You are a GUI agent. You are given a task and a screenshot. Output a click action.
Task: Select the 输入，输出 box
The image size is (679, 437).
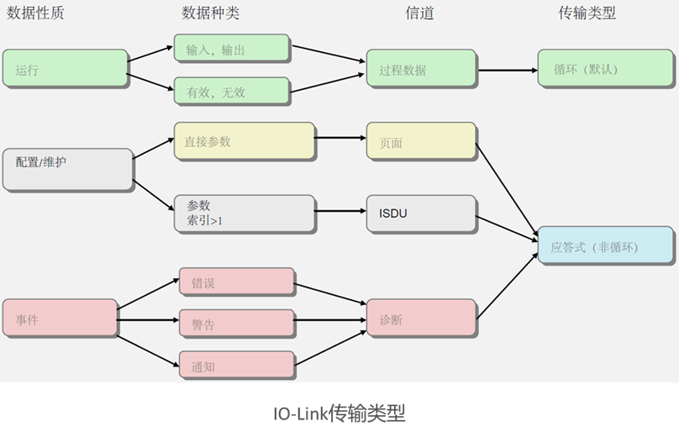[232, 50]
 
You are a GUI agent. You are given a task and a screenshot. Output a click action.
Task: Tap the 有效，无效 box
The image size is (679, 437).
[232, 92]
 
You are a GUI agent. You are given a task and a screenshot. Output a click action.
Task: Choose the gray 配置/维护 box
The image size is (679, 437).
[67, 169]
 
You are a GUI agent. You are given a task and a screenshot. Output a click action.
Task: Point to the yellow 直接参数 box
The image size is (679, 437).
[244, 142]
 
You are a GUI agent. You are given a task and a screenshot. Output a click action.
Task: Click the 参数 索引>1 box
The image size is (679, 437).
[244, 213]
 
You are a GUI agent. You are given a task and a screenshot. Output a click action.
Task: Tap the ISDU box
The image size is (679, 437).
[420, 213]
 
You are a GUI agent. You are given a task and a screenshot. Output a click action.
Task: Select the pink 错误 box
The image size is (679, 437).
[236, 283]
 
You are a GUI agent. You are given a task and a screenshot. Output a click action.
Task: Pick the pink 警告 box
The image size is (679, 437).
[236, 324]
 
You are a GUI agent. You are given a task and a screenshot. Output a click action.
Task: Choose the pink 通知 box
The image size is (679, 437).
[236, 366]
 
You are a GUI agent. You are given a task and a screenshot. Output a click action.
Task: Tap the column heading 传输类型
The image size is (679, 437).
[587, 13]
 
